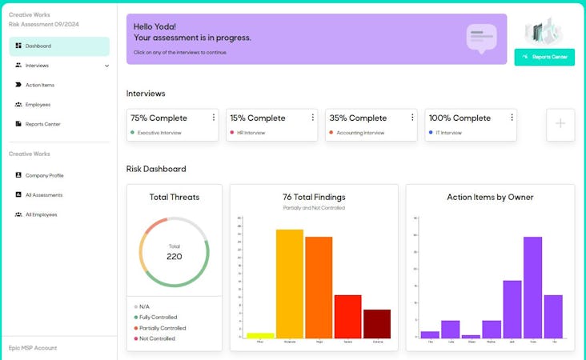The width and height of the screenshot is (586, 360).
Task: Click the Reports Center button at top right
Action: [x=544, y=57]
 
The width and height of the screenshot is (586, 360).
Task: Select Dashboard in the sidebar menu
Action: [x=38, y=46]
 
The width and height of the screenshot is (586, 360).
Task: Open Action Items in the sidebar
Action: [x=39, y=85]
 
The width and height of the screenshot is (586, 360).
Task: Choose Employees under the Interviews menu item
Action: [x=38, y=105]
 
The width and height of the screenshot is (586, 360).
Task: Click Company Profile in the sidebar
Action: [x=44, y=175]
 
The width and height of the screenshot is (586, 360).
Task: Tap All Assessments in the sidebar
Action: [x=43, y=195]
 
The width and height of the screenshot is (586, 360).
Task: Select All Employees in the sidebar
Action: [x=41, y=214]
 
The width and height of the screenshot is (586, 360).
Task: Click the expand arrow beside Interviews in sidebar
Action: [x=107, y=66]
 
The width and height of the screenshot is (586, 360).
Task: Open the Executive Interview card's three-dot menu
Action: [x=213, y=118]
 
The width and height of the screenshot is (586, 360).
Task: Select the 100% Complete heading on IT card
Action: [x=460, y=118]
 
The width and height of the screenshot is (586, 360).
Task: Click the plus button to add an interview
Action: [x=560, y=124]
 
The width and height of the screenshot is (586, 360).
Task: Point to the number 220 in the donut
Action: [x=174, y=257]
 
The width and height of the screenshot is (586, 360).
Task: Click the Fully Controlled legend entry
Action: [x=158, y=318]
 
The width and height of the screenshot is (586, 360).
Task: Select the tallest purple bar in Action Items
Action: [x=532, y=286]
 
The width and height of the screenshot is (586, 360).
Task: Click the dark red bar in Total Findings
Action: [x=377, y=323]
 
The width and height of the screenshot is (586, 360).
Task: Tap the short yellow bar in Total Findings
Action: [x=260, y=334]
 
